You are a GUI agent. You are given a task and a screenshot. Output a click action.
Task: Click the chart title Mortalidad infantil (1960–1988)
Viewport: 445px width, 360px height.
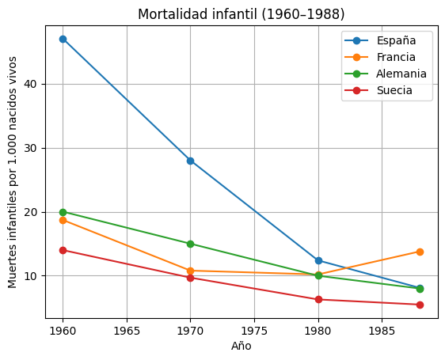tap(242, 14)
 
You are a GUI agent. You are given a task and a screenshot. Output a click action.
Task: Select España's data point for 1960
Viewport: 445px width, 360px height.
tap(63, 39)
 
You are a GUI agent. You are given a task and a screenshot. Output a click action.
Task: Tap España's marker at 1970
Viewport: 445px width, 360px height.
tap(190, 161)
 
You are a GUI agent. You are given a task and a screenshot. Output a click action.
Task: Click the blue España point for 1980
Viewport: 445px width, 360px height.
tap(318, 260)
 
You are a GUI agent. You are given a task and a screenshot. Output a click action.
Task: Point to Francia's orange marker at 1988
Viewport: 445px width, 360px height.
tap(420, 252)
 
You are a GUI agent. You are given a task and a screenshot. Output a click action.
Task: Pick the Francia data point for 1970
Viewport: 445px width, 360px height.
tap(190, 271)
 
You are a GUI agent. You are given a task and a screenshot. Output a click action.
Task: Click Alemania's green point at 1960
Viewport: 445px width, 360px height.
tap(63, 212)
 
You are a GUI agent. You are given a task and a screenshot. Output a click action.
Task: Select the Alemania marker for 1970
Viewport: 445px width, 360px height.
tap(190, 244)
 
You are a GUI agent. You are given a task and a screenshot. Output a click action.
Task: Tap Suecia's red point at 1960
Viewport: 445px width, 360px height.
tap(63, 250)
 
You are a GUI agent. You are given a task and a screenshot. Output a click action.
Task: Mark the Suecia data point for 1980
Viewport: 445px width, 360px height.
tap(318, 299)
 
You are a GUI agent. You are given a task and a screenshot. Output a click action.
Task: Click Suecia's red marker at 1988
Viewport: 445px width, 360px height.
tap(420, 305)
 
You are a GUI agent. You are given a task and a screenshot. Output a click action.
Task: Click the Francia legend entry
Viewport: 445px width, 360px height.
tap(396, 57)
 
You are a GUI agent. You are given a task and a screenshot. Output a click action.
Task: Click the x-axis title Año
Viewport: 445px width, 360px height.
tap(242, 346)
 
